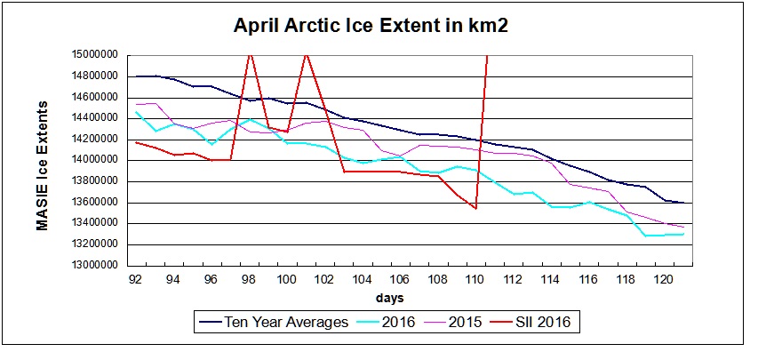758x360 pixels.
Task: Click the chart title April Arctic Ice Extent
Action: [370, 26]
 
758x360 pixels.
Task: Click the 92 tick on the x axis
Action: [135, 278]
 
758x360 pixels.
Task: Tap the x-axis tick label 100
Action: [286, 278]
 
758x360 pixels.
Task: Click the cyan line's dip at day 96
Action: [211, 143]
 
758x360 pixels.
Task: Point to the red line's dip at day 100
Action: [286, 132]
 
